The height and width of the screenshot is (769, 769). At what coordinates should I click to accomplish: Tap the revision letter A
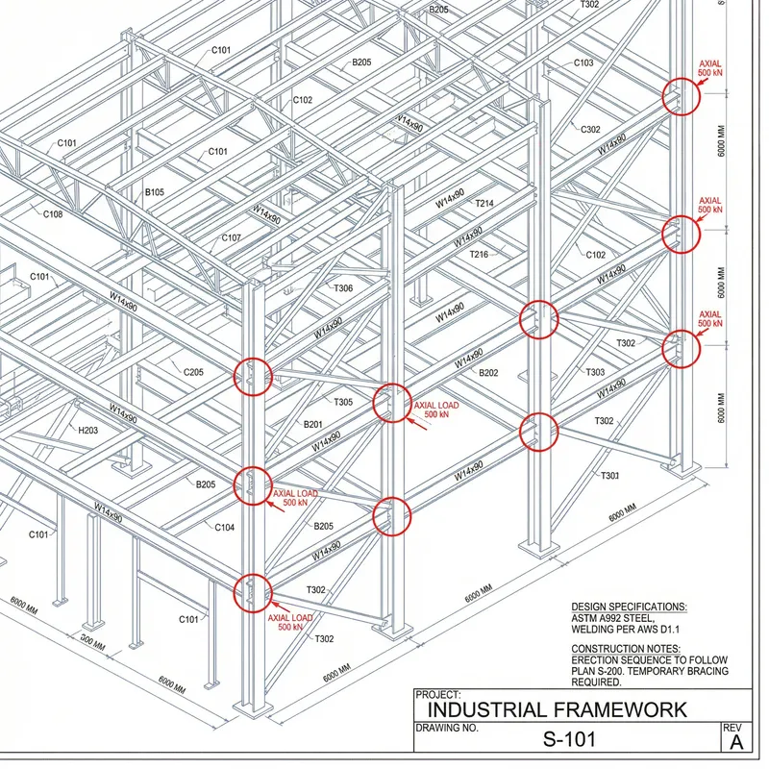click(x=736, y=743)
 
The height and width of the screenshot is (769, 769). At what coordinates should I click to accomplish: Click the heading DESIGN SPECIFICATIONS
click(x=629, y=608)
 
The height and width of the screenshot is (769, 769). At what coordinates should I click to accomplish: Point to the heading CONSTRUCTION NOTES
click(x=626, y=649)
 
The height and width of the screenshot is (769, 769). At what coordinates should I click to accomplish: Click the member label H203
click(x=87, y=431)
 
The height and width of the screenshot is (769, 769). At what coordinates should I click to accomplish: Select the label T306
click(x=342, y=288)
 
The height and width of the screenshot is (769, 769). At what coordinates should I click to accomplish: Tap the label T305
click(x=342, y=402)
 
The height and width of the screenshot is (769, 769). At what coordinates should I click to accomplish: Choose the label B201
click(x=312, y=424)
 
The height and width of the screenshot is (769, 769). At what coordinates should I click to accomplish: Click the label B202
click(x=488, y=373)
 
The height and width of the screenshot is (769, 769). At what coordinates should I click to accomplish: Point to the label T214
click(x=484, y=204)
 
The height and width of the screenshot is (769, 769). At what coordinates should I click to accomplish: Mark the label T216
click(x=479, y=254)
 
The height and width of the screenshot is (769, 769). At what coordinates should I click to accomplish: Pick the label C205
click(x=193, y=372)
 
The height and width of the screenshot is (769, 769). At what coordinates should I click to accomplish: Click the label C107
click(x=232, y=237)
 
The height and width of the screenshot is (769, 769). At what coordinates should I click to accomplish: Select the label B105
click(x=155, y=192)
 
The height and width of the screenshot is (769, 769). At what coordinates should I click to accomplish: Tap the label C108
click(x=53, y=214)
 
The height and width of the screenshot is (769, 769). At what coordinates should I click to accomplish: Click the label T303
click(x=595, y=372)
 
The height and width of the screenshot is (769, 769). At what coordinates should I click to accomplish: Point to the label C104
click(x=224, y=527)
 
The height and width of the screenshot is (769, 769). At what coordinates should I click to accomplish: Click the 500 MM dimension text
click(x=93, y=639)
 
